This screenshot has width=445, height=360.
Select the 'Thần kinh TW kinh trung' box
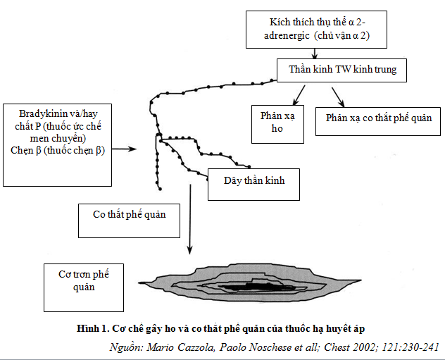(342, 70)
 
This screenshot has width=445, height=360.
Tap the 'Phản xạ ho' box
(278, 124)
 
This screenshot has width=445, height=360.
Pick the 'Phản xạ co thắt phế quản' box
(379, 118)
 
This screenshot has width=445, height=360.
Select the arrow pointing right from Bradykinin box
(125, 149)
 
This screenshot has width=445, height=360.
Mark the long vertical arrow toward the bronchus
(189, 218)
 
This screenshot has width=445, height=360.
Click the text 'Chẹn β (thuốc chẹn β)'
(58, 150)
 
